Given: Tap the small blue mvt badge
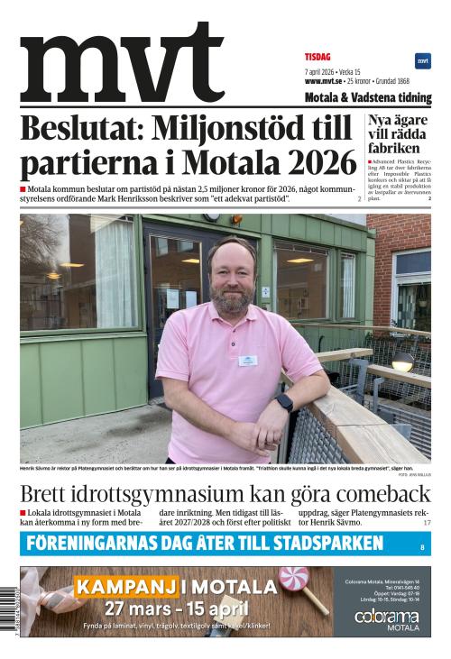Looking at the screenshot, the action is click(422, 61).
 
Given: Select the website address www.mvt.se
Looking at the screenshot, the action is click(324, 81).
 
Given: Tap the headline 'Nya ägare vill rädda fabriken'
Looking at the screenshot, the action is click(397, 133).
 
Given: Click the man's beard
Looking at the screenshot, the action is click(232, 298).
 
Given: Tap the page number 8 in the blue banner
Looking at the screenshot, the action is click(421, 547).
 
